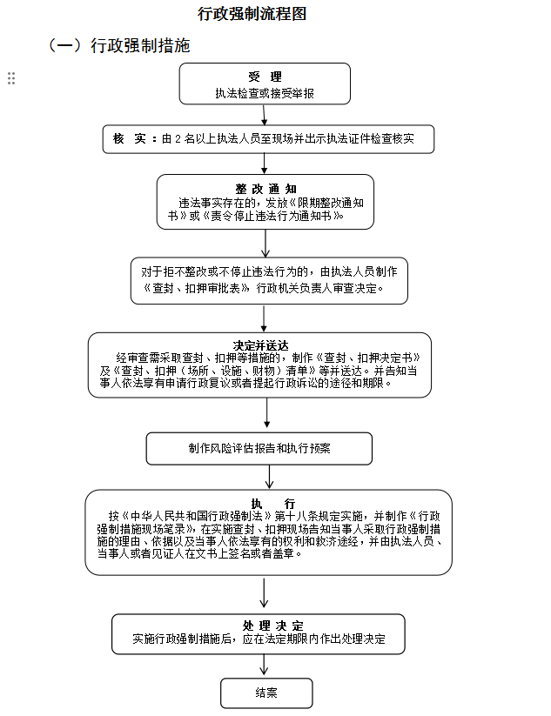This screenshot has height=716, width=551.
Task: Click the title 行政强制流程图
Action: point(252,14)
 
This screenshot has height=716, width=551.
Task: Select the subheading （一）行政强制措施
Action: point(118,45)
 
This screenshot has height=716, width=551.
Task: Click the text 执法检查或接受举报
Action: point(265,93)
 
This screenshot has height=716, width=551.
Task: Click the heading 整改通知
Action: point(265,188)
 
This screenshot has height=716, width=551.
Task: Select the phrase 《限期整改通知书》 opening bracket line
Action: point(325,202)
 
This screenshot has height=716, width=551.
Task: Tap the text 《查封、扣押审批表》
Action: point(198,288)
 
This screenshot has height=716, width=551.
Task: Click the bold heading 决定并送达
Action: point(260,345)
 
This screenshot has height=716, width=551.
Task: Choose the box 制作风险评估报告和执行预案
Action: point(259,449)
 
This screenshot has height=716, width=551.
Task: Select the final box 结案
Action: point(266,693)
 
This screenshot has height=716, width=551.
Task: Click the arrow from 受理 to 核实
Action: point(264,115)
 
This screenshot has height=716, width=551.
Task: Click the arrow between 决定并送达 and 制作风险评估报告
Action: point(259,415)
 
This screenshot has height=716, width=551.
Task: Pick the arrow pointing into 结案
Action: point(265,666)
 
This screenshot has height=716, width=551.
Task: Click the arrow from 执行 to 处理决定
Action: point(265,594)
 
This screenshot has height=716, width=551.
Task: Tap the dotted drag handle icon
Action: point(11,78)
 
